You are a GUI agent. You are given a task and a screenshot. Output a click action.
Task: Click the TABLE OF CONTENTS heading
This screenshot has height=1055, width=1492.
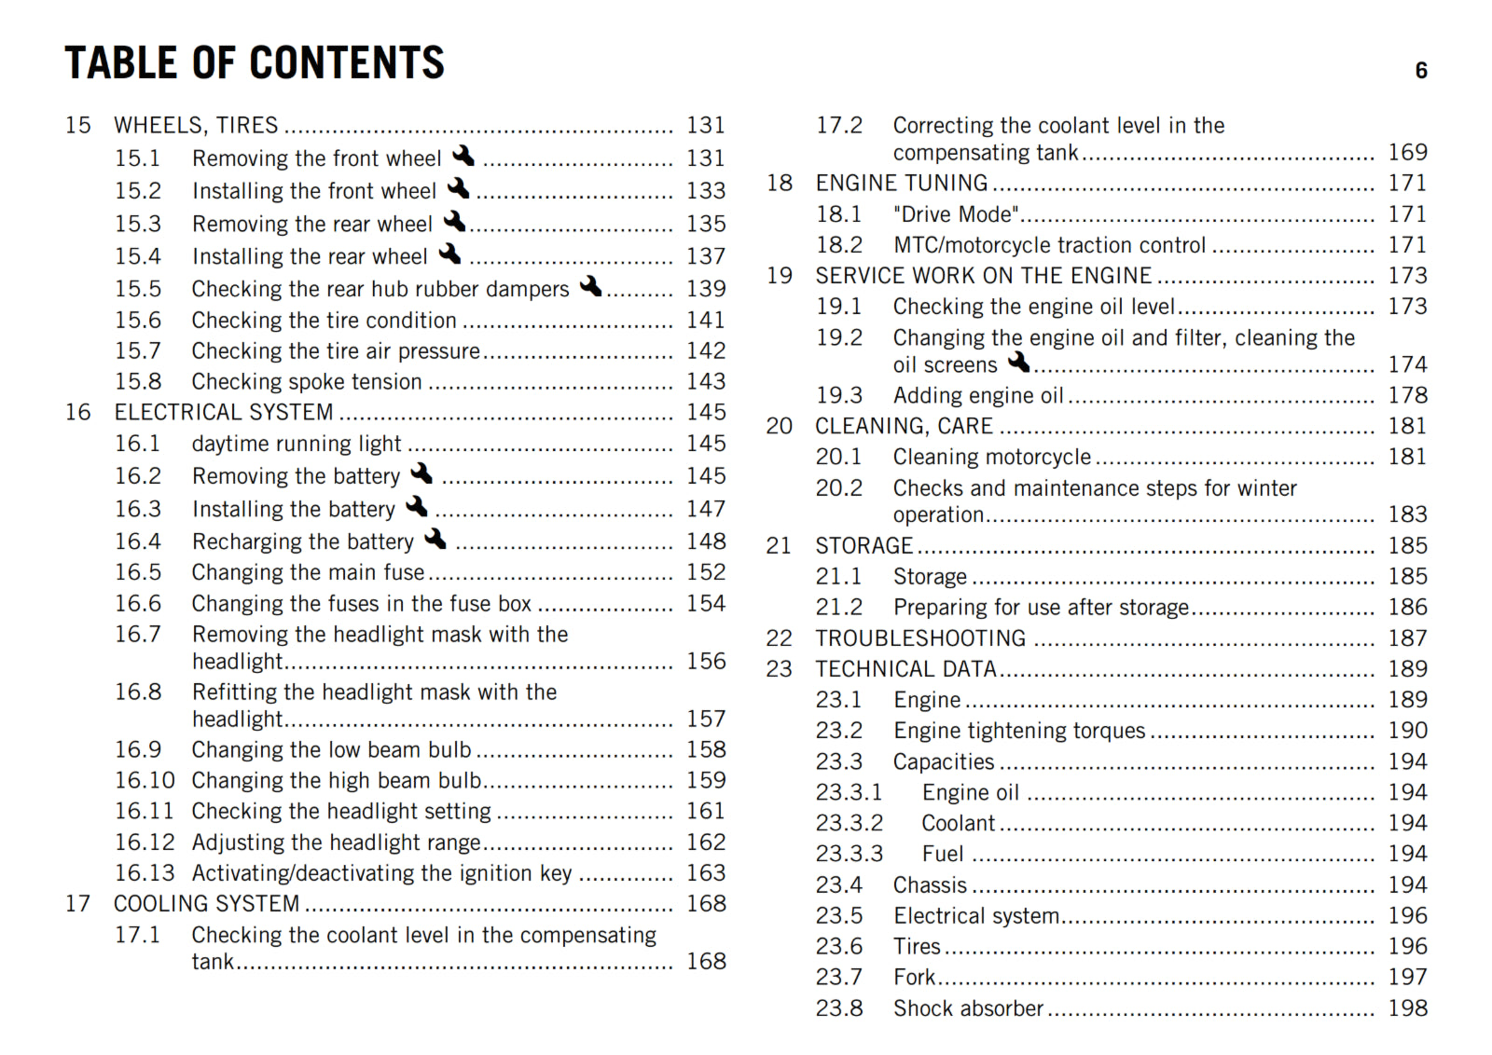[x=254, y=63]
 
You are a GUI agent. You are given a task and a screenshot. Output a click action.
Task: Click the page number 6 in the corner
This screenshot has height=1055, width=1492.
[x=1421, y=71]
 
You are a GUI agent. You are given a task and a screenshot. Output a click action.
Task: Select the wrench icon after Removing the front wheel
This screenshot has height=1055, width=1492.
[x=463, y=156]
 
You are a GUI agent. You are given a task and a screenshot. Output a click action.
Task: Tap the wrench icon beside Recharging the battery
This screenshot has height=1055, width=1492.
[x=435, y=539]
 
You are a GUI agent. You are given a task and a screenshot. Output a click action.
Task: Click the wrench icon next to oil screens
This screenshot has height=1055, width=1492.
[x=1019, y=362]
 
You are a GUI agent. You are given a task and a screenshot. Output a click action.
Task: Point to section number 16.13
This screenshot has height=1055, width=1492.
[x=145, y=873]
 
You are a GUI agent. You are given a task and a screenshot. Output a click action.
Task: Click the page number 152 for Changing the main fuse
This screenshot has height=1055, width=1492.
[x=706, y=572]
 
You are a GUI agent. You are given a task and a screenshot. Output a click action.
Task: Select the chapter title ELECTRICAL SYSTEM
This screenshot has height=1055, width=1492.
[x=224, y=412]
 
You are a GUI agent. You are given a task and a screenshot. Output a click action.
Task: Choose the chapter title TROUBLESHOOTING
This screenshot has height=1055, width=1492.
[x=920, y=638]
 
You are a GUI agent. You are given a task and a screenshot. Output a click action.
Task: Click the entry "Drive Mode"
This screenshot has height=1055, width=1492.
[x=956, y=214]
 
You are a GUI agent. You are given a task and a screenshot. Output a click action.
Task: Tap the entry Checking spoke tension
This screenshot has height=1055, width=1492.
[x=307, y=382]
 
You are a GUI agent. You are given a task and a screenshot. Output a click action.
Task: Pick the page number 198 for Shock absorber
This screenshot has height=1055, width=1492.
[x=1407, y=1008]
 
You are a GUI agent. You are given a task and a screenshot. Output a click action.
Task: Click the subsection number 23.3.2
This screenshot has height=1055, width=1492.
[x=849, y=823]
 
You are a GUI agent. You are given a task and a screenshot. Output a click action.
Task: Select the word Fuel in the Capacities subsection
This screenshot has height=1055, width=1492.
[x=943, y=854]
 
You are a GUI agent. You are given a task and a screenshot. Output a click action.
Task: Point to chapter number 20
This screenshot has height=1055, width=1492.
[x=780, y=426]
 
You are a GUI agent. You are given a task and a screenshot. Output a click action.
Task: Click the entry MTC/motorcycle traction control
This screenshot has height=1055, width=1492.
[x=1049, y=245]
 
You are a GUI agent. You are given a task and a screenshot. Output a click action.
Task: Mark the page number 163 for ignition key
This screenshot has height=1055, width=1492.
[x=706, y=873]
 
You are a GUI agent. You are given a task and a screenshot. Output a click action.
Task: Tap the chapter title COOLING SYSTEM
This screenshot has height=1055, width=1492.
[x=206, y=904]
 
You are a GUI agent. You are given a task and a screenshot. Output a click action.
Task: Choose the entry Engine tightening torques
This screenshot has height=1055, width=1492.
[x=1019, y=731]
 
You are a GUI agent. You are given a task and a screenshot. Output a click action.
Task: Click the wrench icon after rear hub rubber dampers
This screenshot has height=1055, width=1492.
[x=590, y=286]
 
